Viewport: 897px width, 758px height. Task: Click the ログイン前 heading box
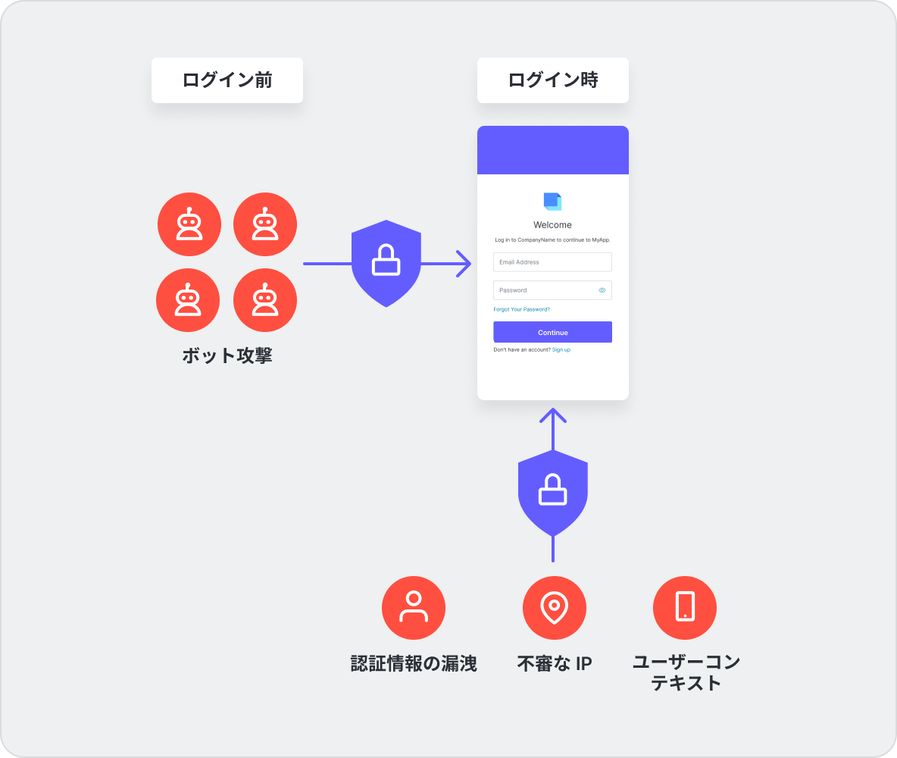(x=227, y=80)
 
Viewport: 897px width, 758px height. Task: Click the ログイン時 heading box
(x=553, y=80)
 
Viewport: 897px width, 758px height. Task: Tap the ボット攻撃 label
(x=227, y=356)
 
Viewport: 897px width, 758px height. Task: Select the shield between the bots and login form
(x=386, y=263)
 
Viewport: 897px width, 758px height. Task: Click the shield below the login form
(x=553, y=493)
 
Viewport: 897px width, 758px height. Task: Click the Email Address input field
(x=552, y=262)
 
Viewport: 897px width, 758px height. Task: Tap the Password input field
(x=545, y=290)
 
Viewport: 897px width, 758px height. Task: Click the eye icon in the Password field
(x=602, y=290)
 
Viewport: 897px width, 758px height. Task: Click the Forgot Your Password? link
(x=521, y=309)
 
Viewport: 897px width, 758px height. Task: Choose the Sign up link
(x=561, y=349)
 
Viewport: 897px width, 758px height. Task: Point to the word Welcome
(x=553, y=225)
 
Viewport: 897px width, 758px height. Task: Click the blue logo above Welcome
(x=552, y=201)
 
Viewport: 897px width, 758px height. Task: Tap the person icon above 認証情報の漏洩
(x=414, y=608)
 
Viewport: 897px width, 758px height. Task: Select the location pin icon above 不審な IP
(x=555, y=608)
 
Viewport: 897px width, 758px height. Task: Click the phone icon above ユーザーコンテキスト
(x=685, y=608)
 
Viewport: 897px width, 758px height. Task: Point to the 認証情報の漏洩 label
(x=414, y=664)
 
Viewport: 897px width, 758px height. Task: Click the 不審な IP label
(x=555, y=664)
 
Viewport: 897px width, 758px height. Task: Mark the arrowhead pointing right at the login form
(x=464, y=264)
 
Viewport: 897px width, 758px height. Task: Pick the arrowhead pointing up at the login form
(x=553, y=415)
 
